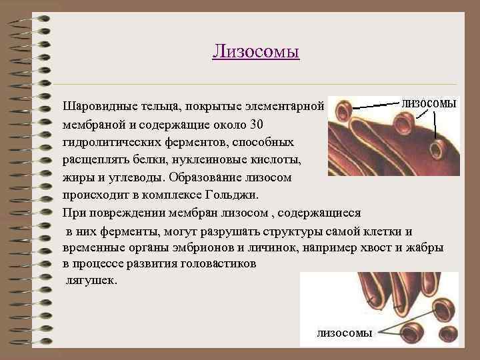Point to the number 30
click(257, 125)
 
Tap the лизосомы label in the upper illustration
click(429, 104)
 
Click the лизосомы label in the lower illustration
click(344, 333)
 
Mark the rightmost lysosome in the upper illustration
click(437, 147)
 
